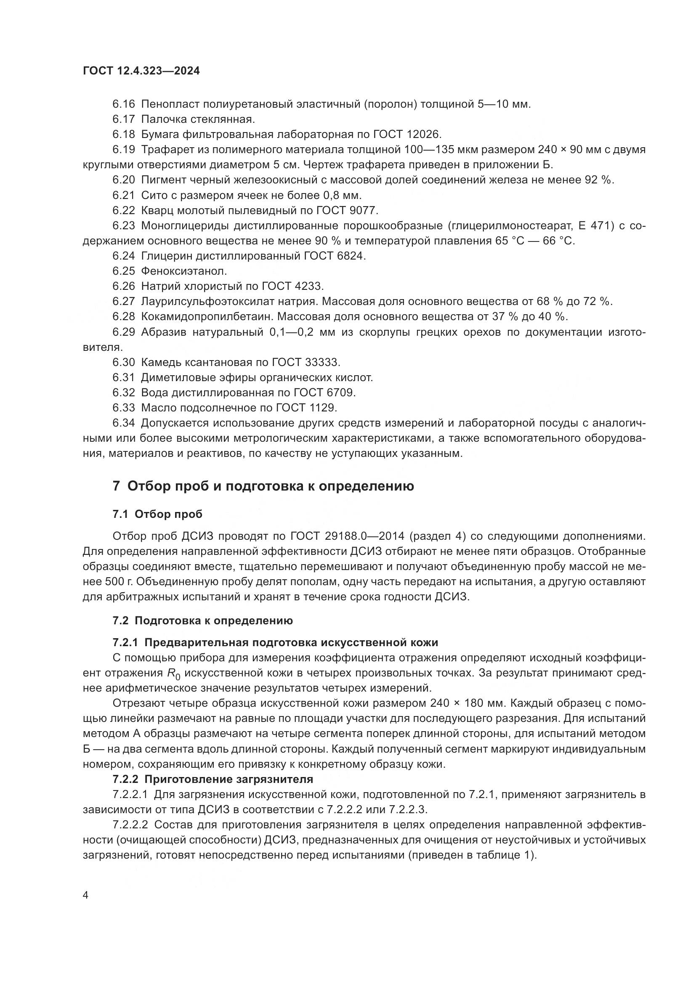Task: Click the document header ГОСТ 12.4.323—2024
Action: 141,71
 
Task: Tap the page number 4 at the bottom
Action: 85,895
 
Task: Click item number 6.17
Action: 124,119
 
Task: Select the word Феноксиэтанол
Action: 184,271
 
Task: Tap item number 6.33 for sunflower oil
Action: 124,408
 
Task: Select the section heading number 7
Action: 116,486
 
